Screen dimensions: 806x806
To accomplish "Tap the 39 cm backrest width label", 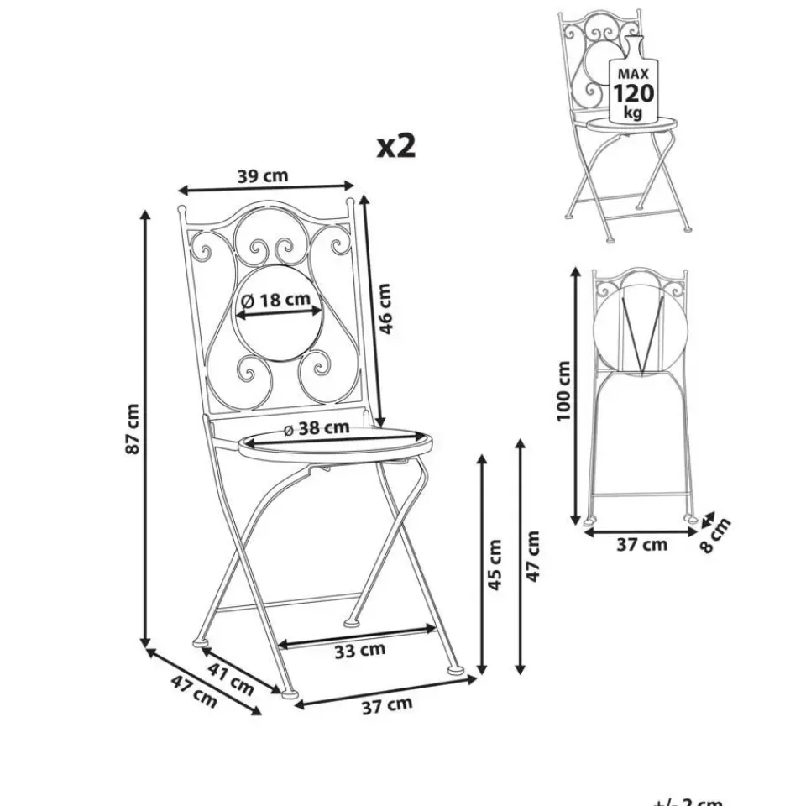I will pos(264,175).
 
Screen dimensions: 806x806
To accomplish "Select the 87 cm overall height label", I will pos(133,430).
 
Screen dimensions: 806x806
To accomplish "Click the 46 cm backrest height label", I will pos(385,309).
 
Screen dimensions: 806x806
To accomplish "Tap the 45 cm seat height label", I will pos(496,564).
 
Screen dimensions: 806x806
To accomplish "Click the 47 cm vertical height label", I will pos(534,556).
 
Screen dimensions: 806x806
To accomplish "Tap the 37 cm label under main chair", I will pos(387,706).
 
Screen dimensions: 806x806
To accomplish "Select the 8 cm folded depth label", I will pos(715,535).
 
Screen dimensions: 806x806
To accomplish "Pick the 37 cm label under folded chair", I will pos(642,545).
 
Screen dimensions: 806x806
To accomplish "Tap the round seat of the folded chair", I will pos(640,334).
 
